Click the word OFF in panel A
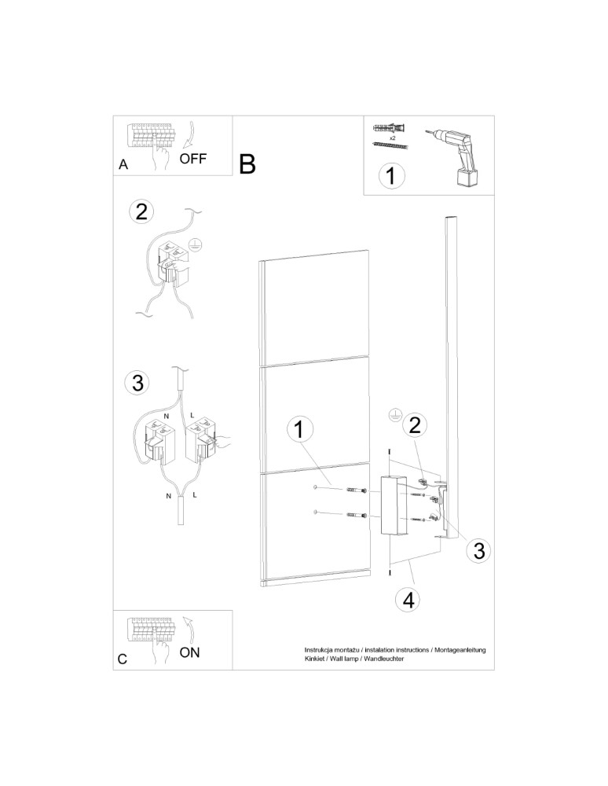click(193, 158)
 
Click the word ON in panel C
click(190, 652)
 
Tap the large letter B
click(247, 164)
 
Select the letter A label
click(123, 165)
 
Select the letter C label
click(123, 660)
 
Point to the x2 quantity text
click(391, 135)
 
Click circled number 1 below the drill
click(390, 175)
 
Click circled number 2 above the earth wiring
click(141, 211)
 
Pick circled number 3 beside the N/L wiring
click(137, 383)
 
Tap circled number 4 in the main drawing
click(408, 600)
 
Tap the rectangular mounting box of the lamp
click(391, 506)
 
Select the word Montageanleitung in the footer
click(460, 650)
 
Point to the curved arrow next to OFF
click(189, 136)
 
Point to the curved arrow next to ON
click(189, 630)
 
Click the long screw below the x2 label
click(390, 146)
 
